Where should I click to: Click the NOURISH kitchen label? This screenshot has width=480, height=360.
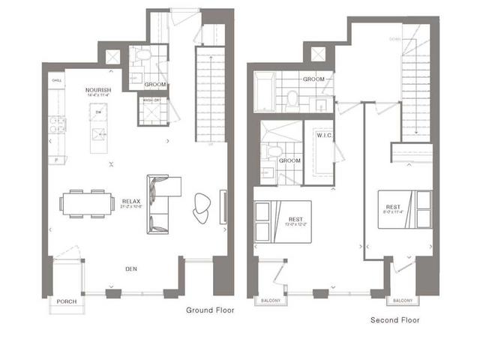pos(98,91)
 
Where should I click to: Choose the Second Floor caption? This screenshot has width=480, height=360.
pos(395,320)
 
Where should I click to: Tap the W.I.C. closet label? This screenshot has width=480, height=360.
pos(325,136)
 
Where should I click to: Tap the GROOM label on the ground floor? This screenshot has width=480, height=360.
pos(155,85)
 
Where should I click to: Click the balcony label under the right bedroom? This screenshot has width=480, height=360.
pos(403,301)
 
